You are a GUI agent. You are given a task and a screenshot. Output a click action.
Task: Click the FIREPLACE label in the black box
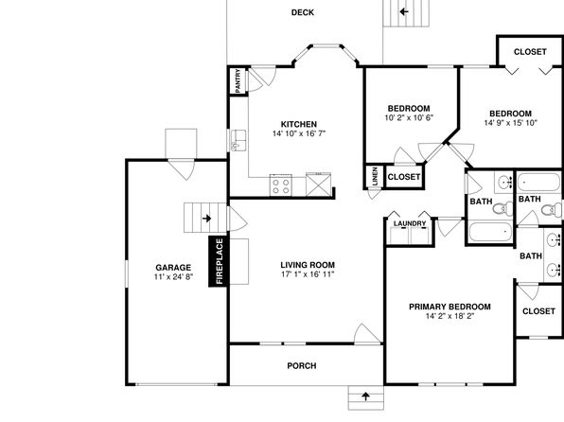tap(220, 261)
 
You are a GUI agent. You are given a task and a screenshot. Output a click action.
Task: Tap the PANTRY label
tap(238, 81)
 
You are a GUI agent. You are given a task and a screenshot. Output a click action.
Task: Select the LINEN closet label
tap(375, 176)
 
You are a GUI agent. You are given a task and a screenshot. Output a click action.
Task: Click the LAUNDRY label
tap(410, 223)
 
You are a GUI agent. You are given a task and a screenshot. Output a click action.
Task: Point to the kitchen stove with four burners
tap(281, 185)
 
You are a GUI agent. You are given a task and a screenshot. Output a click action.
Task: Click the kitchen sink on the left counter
tap(238, 140)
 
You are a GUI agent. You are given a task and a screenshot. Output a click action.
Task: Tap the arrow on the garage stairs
tap(207, 219)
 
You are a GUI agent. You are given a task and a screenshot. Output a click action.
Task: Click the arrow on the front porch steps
tap(366, 396)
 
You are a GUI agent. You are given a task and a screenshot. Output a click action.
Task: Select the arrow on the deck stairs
tap(404, 12)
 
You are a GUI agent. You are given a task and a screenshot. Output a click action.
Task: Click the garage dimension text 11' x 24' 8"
tap(173, 276)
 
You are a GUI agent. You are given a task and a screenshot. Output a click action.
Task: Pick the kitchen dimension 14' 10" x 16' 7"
tap(299, 133)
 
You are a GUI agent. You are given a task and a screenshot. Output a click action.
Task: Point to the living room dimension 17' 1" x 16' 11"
tap(308, 274)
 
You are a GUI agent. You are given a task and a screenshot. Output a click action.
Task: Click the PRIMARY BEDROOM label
tap(449, 307)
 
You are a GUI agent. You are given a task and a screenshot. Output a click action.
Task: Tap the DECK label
tap(303, 12)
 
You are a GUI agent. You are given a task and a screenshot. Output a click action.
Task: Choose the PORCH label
tap(302, 366)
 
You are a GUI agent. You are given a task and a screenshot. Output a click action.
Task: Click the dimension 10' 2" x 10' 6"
tap(409, 117)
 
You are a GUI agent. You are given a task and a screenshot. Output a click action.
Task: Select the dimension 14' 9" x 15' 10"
tap(510, 123)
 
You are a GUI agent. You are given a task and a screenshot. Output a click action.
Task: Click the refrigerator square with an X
tap(318, 185)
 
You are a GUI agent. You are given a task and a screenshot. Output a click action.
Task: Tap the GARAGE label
tap(173, 268)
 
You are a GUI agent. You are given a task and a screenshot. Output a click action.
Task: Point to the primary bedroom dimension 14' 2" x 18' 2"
tap(450, 316)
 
